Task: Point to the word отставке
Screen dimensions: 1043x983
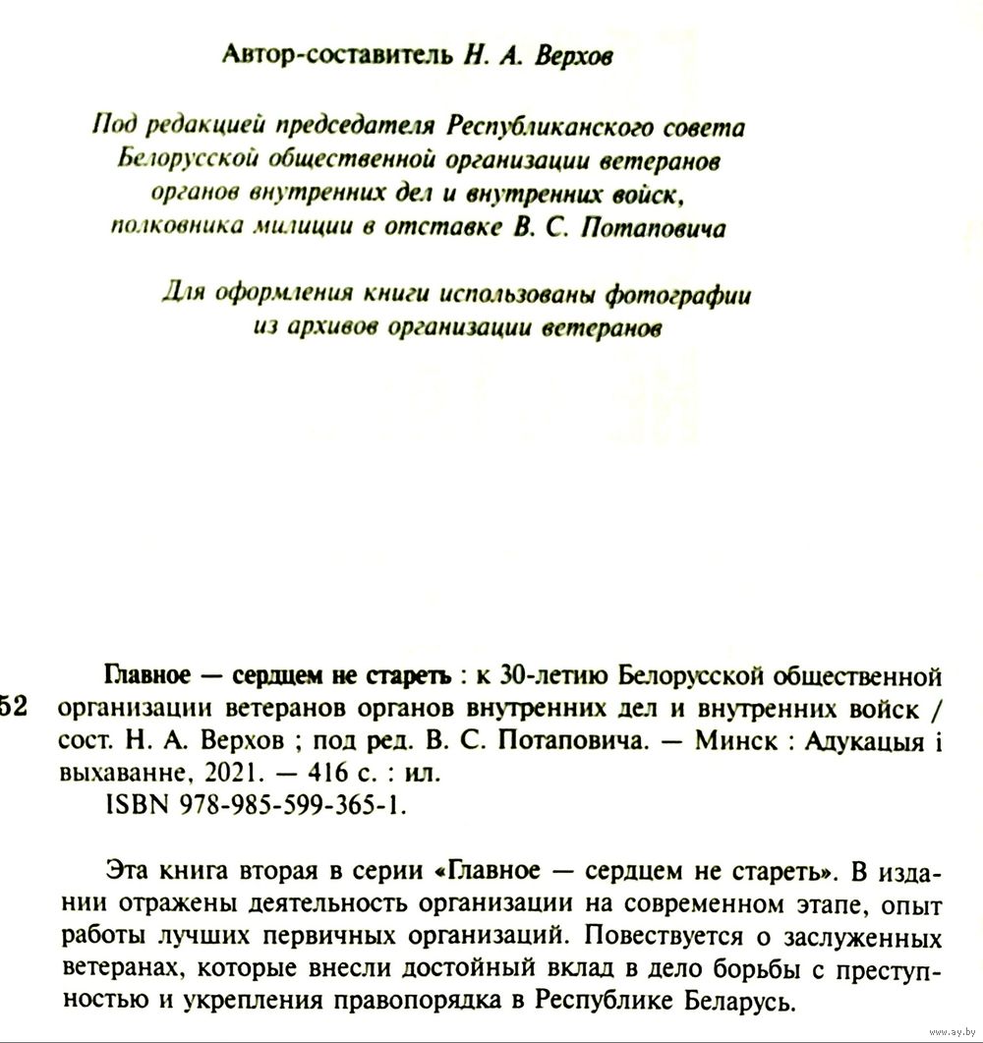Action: (450, 229)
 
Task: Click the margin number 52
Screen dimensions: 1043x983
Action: (19, 710)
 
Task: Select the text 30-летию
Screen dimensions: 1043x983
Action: (543, 677)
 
